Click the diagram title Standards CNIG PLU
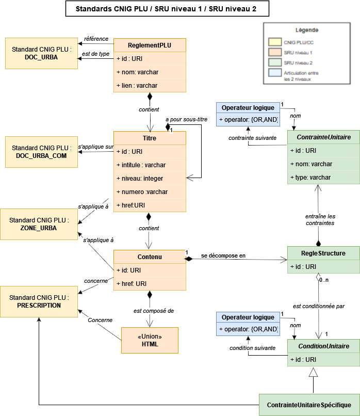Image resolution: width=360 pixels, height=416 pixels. click(166, 9)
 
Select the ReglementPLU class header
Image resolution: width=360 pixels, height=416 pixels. click(150, 45)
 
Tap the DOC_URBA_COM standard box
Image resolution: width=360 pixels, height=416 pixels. click(41, 152)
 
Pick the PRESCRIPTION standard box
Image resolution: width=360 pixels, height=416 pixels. click(39, 301)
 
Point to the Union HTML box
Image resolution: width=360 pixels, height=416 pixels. click(150, 340)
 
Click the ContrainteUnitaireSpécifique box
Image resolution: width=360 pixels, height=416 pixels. click(309, 405)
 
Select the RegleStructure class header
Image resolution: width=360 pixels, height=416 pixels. click(323, 253)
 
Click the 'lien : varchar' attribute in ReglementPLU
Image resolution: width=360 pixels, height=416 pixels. click(137, 85)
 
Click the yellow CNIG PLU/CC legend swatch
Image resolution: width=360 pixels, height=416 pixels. click(274, 42)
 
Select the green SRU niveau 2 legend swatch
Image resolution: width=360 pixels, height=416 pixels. click(274, 62)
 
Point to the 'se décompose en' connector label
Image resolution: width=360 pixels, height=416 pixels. click(223, 255)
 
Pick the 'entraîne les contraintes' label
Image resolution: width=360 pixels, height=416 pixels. click(320, 219)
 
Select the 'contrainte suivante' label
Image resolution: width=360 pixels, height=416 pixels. click(253, 138)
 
